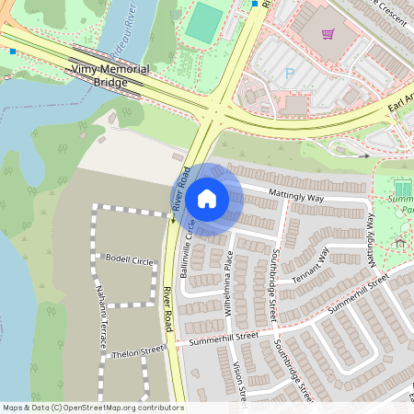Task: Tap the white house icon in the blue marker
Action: click(x=207, y=198)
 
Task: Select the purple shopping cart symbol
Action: click(x=328, y=34)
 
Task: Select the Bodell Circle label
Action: click(x=129, y=260)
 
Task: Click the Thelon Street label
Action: click(x=138, y=351)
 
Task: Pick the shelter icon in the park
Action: click(x=400, y=243)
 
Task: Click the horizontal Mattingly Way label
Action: click(x=295, y=195)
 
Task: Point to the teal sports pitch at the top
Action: click(x=204, y=23)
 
